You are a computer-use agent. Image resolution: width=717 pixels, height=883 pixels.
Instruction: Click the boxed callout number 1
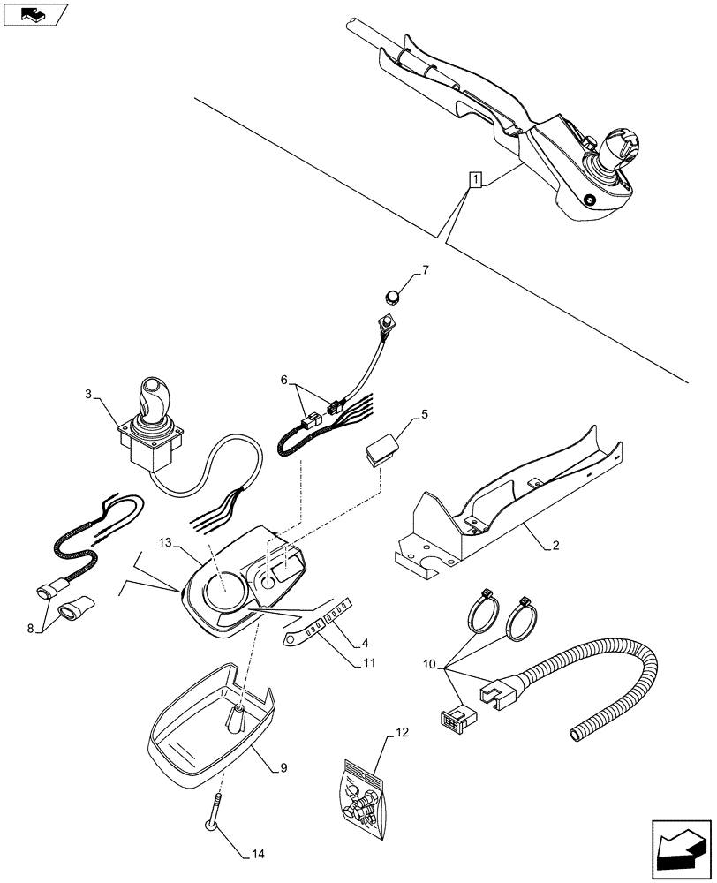tap(476, 181)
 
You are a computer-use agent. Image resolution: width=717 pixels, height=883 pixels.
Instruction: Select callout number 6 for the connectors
tap(285, 380)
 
